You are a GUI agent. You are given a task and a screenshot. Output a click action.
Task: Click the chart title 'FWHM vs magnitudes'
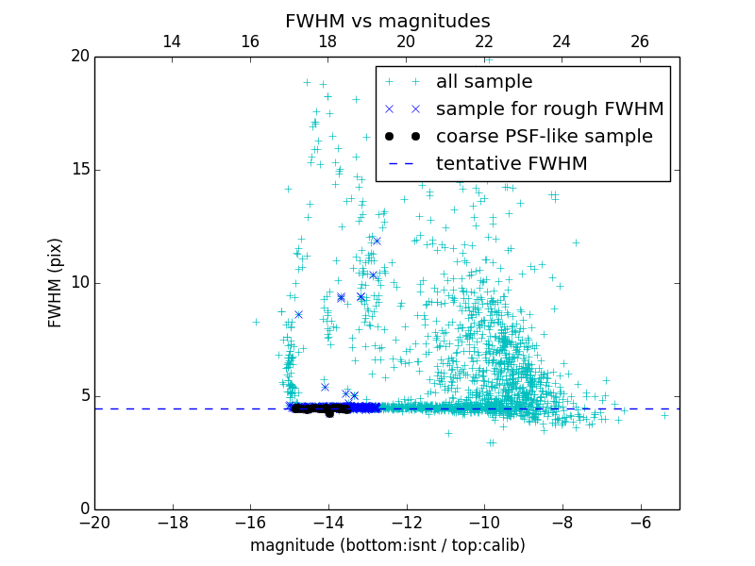point(387,21)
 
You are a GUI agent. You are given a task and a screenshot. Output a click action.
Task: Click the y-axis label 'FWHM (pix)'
point(56,282)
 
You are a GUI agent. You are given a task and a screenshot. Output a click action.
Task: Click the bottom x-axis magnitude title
point(387,545)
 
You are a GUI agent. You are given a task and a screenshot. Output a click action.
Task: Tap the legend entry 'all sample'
point(484,82)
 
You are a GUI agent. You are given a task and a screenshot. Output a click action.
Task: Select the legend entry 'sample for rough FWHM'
point(549,109)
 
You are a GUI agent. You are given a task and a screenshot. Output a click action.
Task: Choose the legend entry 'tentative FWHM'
point(512,164)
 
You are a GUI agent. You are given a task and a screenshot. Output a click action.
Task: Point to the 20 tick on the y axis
point(78,57)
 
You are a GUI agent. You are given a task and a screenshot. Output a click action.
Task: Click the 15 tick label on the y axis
point(78,170)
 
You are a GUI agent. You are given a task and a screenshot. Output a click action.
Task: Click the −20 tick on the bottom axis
point(94,522)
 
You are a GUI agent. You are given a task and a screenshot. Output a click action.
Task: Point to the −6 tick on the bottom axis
point(640,522)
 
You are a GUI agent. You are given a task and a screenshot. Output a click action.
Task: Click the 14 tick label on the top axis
point(172,42)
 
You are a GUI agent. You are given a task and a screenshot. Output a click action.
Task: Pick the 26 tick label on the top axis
point(640,42)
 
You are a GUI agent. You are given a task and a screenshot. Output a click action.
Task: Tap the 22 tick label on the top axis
point(484,42)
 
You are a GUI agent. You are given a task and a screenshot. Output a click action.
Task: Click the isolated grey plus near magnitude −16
point(256,322)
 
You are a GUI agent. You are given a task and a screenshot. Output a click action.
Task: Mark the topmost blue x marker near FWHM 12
point(377,241)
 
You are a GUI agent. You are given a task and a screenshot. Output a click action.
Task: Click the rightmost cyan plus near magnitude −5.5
point(664,415)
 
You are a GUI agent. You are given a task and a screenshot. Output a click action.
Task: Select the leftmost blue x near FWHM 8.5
point(298,314)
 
